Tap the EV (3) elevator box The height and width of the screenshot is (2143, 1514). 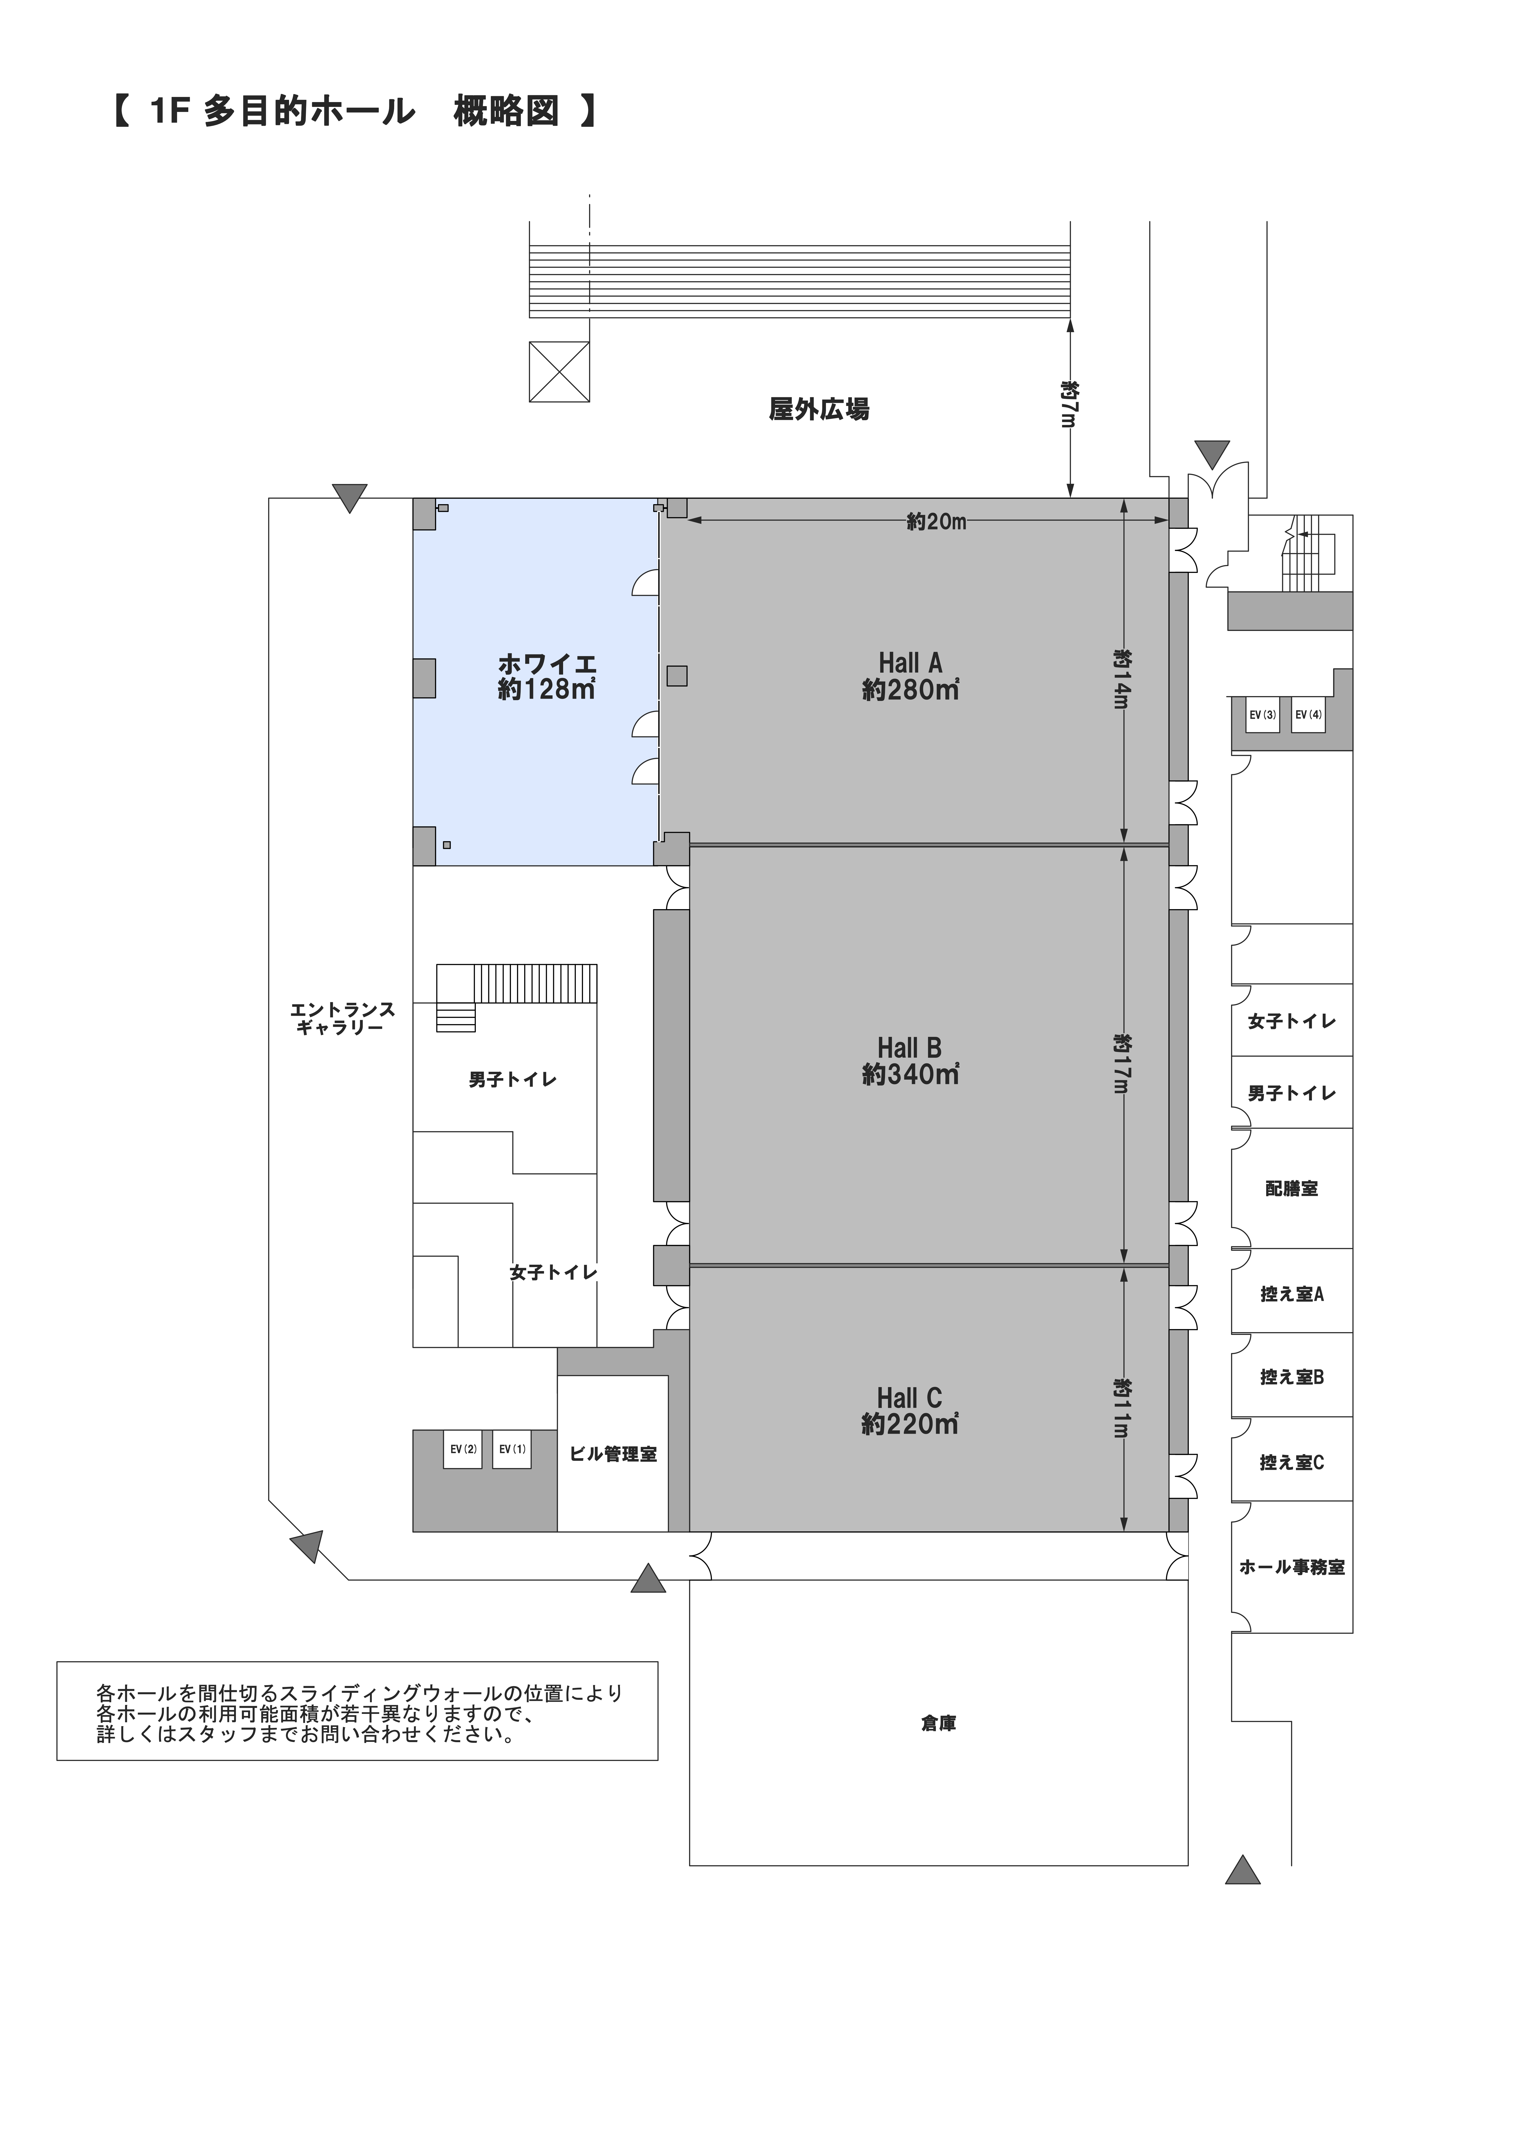coord(1263,715)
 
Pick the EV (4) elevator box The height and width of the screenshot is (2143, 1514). coord(1309,715)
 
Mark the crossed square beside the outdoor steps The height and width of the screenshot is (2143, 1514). coord(559,372)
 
